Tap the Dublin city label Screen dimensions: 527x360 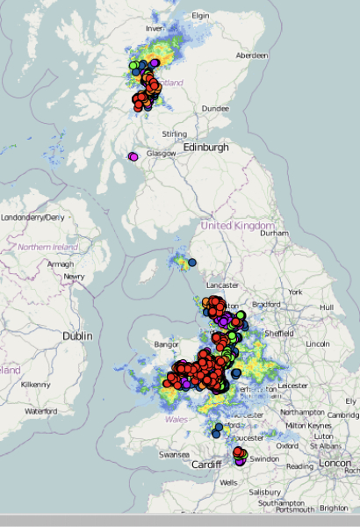point(77,336)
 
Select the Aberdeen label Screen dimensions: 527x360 point(250,55)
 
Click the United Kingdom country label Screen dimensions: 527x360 point(238,226)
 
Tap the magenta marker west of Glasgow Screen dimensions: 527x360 point(133,156)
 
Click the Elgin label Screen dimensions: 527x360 point(201,16)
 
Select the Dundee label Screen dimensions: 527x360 point(215,109)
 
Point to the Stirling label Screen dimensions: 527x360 point(174,134)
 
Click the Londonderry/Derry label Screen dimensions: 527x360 point(33,217)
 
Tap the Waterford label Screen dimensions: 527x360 point(40,411)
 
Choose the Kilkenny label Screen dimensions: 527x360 point(36,385)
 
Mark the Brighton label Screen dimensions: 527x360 point(333,509)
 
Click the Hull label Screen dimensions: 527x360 point(327,307)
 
